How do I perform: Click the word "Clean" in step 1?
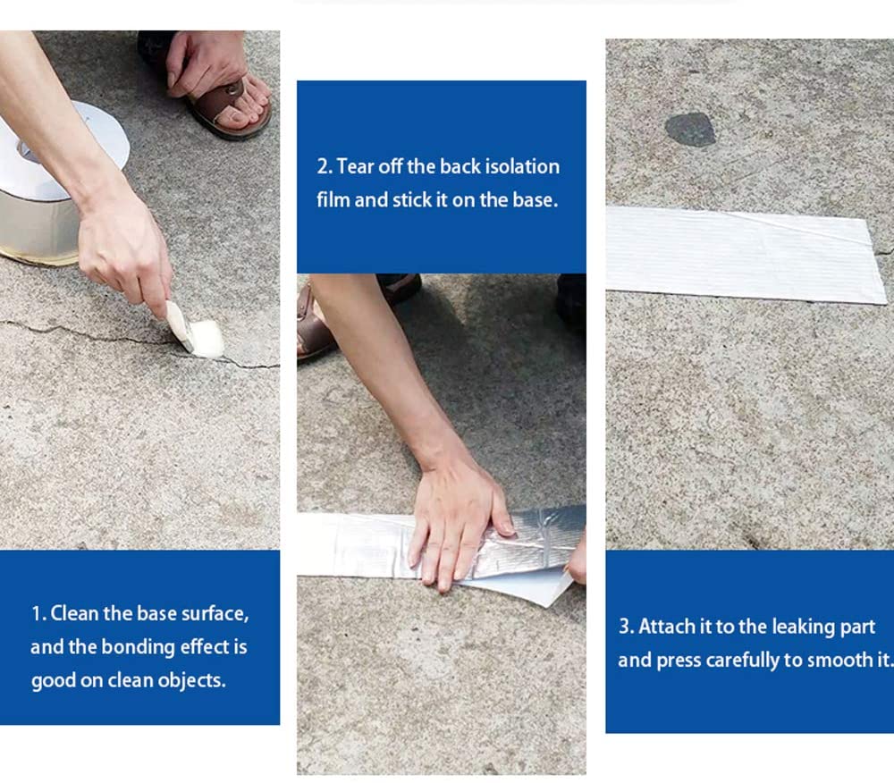coord(75,613)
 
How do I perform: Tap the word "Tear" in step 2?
coord(355,166)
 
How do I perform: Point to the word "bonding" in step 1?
coord(138,648)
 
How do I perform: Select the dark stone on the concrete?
coord(690,130)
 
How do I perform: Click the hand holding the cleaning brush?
coord(122,251)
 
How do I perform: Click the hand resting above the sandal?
coord(206,63)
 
